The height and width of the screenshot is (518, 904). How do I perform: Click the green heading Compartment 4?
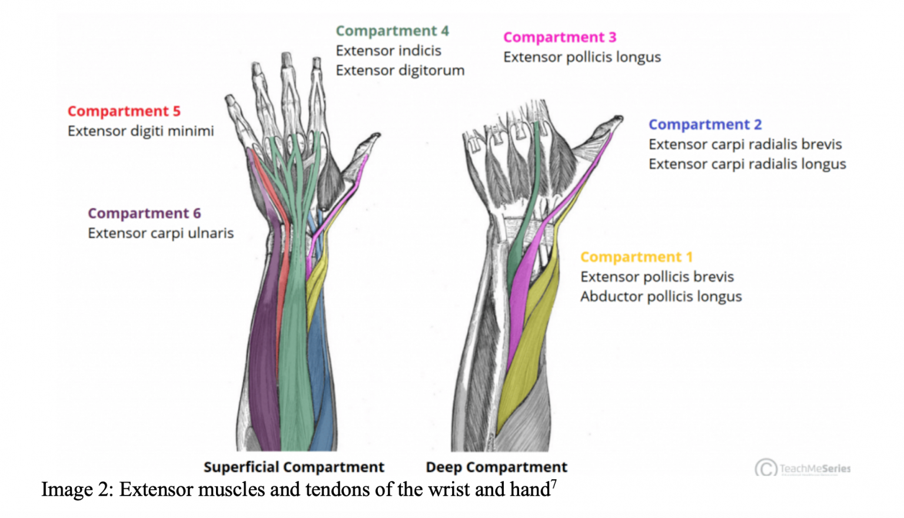pos(392,31)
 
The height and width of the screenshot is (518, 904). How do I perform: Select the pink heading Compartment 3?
pos(559,37)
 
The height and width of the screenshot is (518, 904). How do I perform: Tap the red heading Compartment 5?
pos(124,111)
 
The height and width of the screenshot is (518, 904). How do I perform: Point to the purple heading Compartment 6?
pos(144,213)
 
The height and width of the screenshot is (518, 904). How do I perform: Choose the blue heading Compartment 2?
pos(704,125)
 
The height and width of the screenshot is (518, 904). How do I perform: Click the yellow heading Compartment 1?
pos(636,257)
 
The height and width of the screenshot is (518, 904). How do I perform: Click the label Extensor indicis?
pos(388,51)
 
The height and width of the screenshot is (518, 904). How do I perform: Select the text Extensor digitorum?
pos(400,71)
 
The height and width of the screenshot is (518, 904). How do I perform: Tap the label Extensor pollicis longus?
pos(581,57)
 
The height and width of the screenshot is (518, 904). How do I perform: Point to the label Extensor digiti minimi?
pos(141,131)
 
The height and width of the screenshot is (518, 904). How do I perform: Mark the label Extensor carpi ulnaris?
pos(161,233)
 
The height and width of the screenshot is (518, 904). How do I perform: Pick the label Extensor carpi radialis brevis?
pos(745,144)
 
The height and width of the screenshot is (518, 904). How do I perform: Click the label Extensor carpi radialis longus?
pos(747,164)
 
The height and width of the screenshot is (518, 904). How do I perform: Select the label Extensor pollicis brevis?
pos(657,277)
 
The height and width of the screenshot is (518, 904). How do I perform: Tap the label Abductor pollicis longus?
pos(660,297)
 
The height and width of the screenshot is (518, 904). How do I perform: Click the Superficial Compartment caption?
pos(294,467)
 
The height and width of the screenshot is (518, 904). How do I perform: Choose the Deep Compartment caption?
pos(496,467)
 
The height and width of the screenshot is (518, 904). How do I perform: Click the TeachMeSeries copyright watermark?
pos(803,469)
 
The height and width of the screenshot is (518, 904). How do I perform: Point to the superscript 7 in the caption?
pos(554,483)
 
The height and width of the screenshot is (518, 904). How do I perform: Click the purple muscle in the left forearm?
pos(264,353)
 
